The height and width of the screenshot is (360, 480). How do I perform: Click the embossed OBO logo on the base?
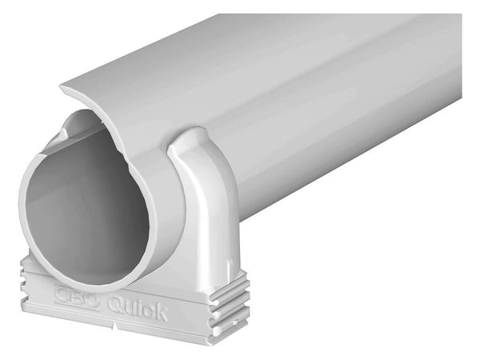[x=76, y=294]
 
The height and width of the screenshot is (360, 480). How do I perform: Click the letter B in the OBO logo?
[x=76, y=294]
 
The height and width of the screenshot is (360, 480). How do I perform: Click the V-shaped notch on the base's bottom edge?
[x=114, y=326]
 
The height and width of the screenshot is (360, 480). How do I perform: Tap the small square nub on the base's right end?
[x=236, y=322]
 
